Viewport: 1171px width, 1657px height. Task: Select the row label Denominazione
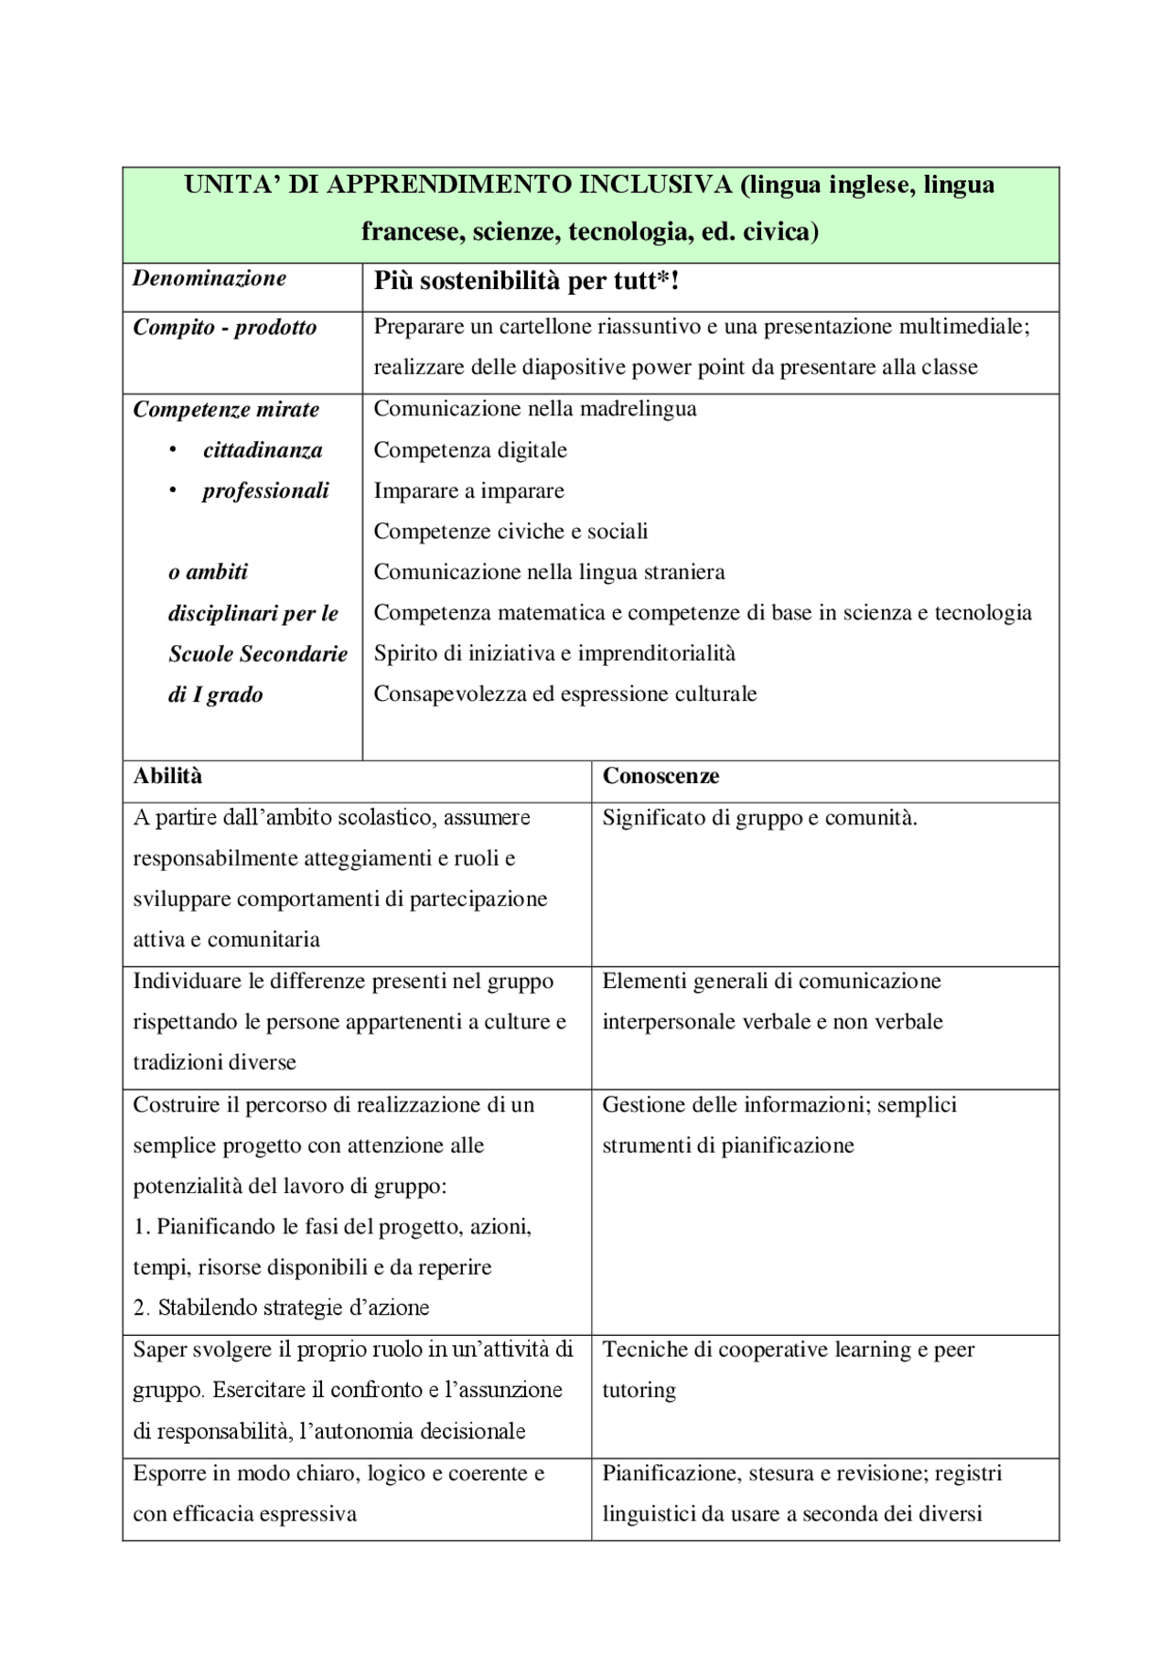pos(209,278)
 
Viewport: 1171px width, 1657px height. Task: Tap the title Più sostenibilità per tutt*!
pos(526,281)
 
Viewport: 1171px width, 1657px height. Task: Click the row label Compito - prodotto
pos(225,328)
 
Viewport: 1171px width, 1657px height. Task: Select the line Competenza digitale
pos(470,450)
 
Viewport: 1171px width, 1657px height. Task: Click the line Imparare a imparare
pos(468,490)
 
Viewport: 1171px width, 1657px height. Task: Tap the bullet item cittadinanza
pos(263,450)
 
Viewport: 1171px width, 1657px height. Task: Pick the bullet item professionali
pos(265,490)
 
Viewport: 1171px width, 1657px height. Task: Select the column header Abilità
pos(167,776)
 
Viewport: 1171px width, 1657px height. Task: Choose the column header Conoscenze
pos(661,776)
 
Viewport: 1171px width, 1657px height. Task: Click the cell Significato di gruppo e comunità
pos(759,817)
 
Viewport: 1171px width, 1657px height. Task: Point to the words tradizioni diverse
pos(215,1062)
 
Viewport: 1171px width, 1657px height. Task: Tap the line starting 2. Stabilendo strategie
pos(282,1307)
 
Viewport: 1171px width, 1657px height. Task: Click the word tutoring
pos(639,1390)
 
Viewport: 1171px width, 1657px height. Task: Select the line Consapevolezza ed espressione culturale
pos(564,694)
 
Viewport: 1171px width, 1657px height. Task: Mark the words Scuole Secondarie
pos(258,653)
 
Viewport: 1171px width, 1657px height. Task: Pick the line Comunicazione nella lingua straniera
pos(549,572)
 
